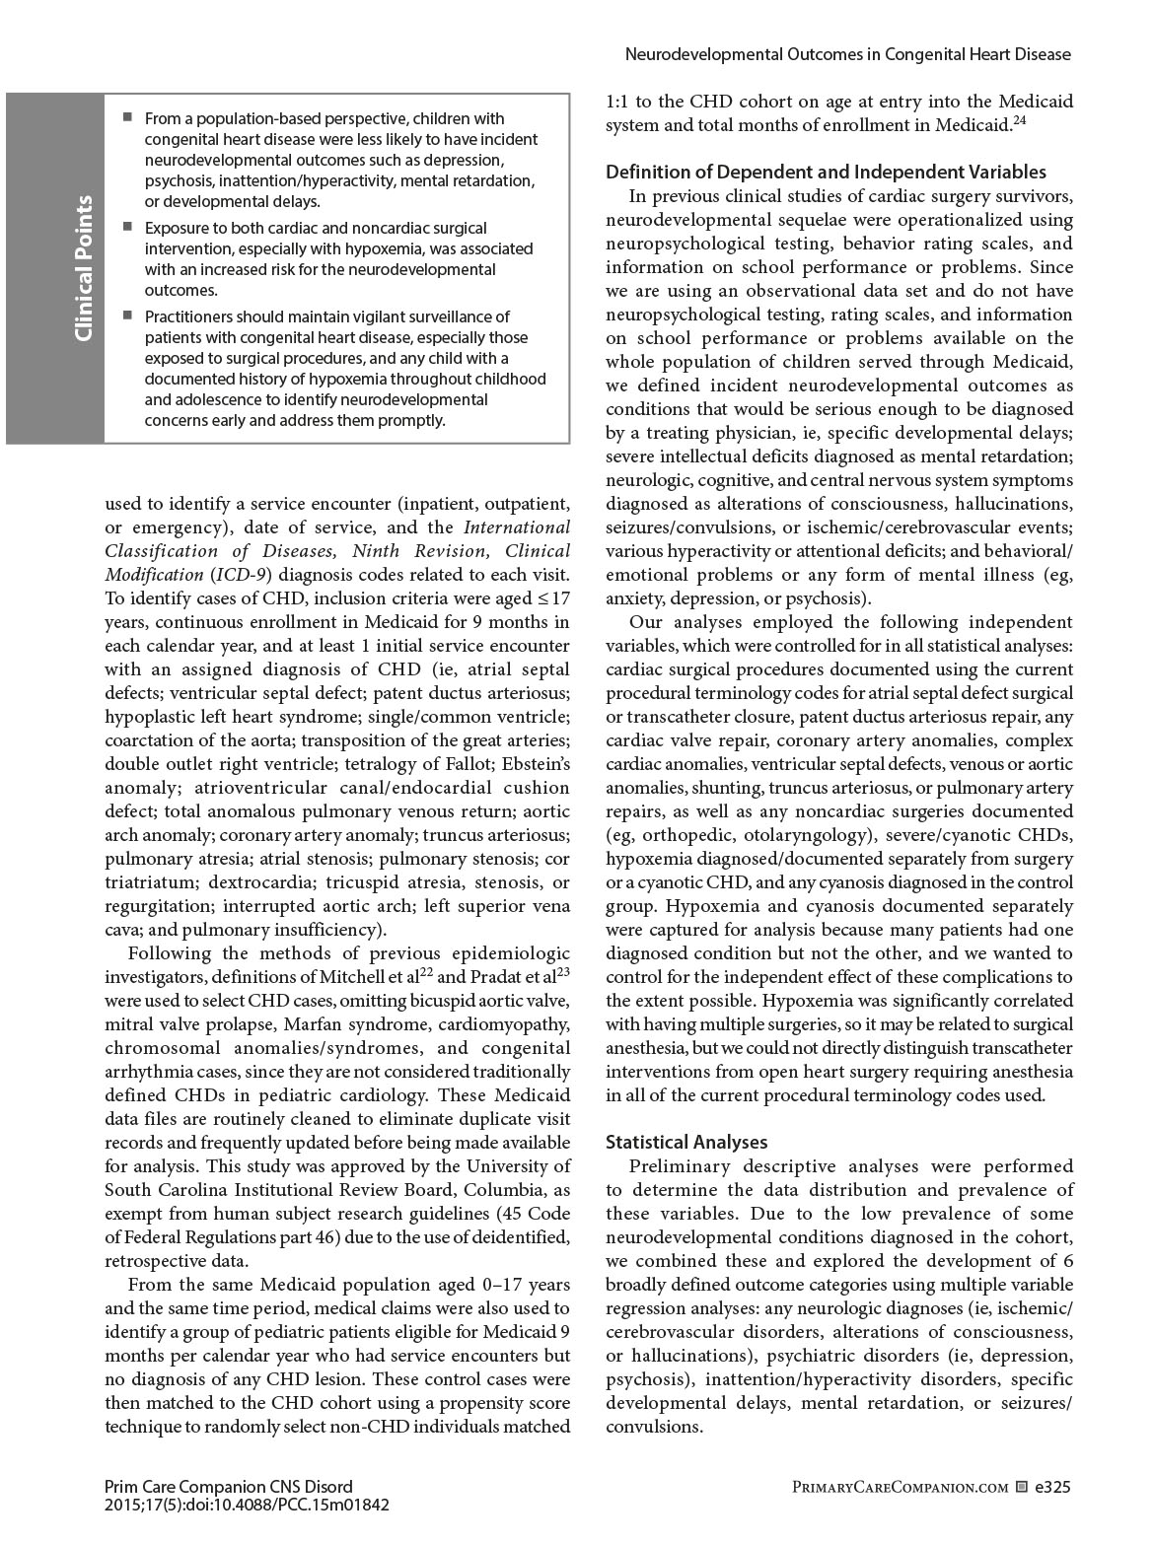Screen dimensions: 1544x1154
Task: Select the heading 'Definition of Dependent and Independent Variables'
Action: (826, 173)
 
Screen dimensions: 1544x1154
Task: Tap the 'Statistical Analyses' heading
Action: (685, 1142)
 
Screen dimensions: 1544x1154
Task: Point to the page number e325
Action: (1052, 1487)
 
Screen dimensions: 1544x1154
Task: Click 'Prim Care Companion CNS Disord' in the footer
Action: (228, 1487)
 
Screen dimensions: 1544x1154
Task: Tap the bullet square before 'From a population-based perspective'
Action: (127, 117)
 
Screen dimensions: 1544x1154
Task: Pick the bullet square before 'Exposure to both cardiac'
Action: (127, 227)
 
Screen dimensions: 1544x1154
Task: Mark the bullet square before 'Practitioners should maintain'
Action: (127, 316)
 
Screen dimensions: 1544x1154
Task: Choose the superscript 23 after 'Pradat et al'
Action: (563, 972)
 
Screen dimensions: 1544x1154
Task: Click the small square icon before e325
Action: (1021, 1487)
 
